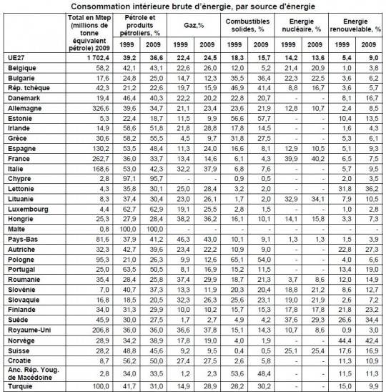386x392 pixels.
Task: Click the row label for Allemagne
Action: pyautogui.click(x=24, y=108)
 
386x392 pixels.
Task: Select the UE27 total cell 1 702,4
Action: pyautogui.click(x=98, y=58)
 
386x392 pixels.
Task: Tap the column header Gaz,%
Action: pyautogui.click(x=194, y=25)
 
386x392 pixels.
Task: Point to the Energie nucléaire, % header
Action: pyautogui.click(x=302, y=25)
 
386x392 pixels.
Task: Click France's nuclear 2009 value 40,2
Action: pyautogui.click(x=318, y=159)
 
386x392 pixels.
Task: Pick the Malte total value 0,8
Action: pyautogui.click(x=104, y=229)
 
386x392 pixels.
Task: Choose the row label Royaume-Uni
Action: pyautogui.click(x=29, y=330)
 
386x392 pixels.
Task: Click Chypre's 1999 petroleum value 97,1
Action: pyautogui.click(x=129, y=179)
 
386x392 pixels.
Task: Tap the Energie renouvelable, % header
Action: pyautogui.click(x=355, y=25)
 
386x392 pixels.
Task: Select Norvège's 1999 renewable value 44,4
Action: pyautogui.click(x=345, y=340)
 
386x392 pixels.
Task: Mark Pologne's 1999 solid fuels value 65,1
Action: pyautogui.click(x=237, y=260)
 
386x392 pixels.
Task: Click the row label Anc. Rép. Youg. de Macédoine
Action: pyautogui.click(x=33, y=373)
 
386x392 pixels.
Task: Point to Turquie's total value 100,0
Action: pyautogui.click(x=101, y=386)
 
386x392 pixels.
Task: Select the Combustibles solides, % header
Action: pyautogui.click(x=247, y=25)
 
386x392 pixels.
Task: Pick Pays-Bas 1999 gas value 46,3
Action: pyautogui.click(x=183, y=239)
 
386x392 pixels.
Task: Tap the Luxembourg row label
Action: pyautogui.click(x=28, y=210)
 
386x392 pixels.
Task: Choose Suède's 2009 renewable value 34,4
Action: pyautogui.click(x=372, y=320)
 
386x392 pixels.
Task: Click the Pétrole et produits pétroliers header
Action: pyautogui.click(x=139, y=25)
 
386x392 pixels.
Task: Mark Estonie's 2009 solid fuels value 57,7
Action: pyautogui.click(x=264, y=118)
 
